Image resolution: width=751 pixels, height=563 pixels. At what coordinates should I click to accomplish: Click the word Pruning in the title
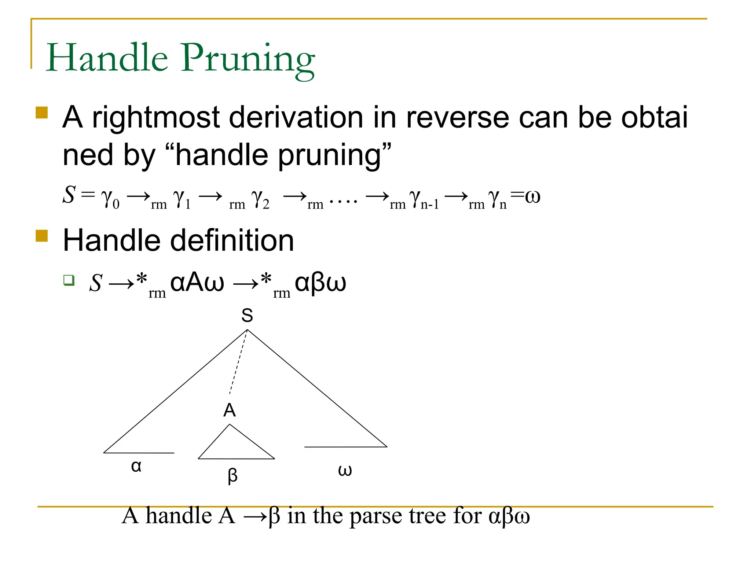[248, 59]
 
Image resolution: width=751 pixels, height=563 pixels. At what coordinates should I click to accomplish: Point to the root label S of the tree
[247, 315]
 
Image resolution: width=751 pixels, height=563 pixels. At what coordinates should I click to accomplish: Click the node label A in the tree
[230, 410]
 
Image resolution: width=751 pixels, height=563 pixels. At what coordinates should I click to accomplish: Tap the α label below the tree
[136, 466]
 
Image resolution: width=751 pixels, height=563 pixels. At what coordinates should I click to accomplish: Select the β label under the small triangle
[232, 476]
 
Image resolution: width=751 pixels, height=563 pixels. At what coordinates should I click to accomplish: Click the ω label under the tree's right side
[345, 470]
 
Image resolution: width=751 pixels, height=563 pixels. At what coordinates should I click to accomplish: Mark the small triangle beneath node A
[235, 445]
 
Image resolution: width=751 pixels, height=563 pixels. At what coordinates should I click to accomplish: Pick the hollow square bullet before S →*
[69, 280]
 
